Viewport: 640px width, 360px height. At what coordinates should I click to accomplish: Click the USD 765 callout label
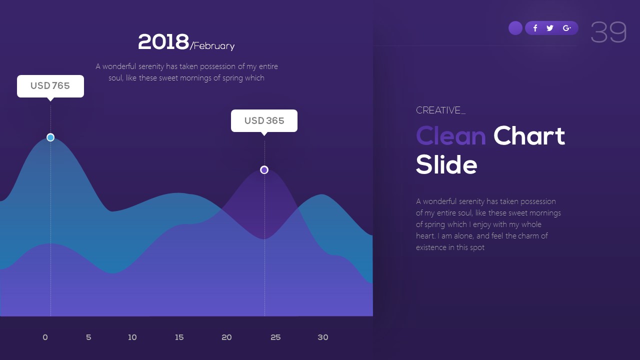tap(50, 86)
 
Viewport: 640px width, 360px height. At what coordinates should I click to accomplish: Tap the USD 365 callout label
tap(264, 121)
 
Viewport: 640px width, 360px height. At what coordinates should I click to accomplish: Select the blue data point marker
tap(50, 137)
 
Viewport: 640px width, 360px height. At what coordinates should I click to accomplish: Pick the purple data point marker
tap(264, 170)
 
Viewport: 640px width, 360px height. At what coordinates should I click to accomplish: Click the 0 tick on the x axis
tap(45, 337)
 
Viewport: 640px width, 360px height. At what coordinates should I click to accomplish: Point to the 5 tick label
tap(88, 337)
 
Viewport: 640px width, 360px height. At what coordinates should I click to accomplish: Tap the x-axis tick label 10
tap(132, 337)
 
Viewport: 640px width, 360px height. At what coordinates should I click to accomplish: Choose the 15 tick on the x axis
tap(179, 337)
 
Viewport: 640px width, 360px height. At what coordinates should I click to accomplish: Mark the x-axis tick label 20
tap(226, 337)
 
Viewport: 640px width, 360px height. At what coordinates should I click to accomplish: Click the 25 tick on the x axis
tap(275, 337)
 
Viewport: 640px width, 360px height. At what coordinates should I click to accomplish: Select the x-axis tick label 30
tap(323, 337)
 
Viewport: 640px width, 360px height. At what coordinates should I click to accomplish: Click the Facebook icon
tap(535, 28)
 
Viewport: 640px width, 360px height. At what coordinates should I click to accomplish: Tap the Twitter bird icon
tap(550, 28)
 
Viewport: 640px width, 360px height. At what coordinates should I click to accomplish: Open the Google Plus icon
tap(566, 28)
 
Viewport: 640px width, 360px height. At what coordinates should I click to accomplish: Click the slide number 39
tap(608, 32)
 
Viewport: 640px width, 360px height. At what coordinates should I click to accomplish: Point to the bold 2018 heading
tap(163, 42)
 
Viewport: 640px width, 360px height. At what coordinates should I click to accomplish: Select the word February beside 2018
tap(214, 46)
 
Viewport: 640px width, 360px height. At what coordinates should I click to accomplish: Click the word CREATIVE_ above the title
tap(440, 110)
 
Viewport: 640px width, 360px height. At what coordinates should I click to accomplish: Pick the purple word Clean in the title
tap(450, 136)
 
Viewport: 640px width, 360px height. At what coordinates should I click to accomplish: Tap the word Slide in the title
tap(446, 165)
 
